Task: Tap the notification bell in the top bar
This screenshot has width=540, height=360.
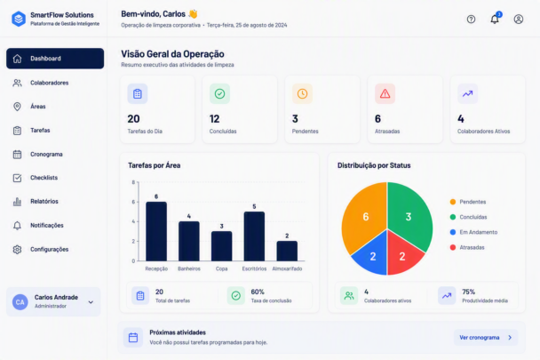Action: point(495,19)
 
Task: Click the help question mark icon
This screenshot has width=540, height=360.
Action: point(471,19)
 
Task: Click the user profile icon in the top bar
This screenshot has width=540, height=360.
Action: point(519,19)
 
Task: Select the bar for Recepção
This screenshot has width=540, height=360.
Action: point(156,231)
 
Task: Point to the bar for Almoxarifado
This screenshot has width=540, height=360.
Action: point(287,251)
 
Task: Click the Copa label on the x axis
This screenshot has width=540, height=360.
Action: point(221,268)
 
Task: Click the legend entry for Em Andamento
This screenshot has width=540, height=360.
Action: point(474,232)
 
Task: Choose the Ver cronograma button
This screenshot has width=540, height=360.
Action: point(486,338)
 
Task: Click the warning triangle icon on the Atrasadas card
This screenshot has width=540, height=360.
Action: point(385,94)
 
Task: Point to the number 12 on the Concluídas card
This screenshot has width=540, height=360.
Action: point(214,119)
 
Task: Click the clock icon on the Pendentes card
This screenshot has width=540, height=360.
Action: point(302,93)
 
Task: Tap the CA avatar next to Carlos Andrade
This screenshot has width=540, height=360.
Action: point(20,302)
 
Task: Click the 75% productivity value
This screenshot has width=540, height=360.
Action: point(468,292)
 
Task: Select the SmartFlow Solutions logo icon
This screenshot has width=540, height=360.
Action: point(19,19)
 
